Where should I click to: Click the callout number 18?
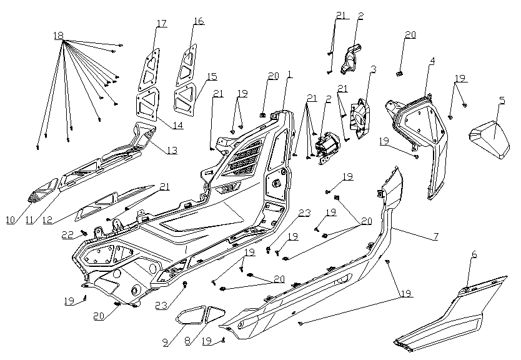pyautogui.click(x=59, y=35)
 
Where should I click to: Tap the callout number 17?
pyautogui.click(x=162, y=24)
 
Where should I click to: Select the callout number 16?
pyautogui.click(x=199, y=21)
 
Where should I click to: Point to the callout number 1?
pyautogui.click(x=289, y=74)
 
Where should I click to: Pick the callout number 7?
pyautogui.click(x=436, y=237)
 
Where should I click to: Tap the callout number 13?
pyautogui.click(x=171, y=151)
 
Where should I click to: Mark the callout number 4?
pyautogui.click(x=431, y=61)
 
